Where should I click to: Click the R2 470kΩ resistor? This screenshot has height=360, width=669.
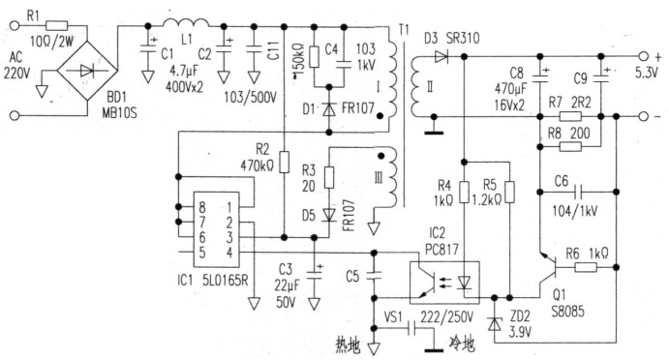tap(283, 162)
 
